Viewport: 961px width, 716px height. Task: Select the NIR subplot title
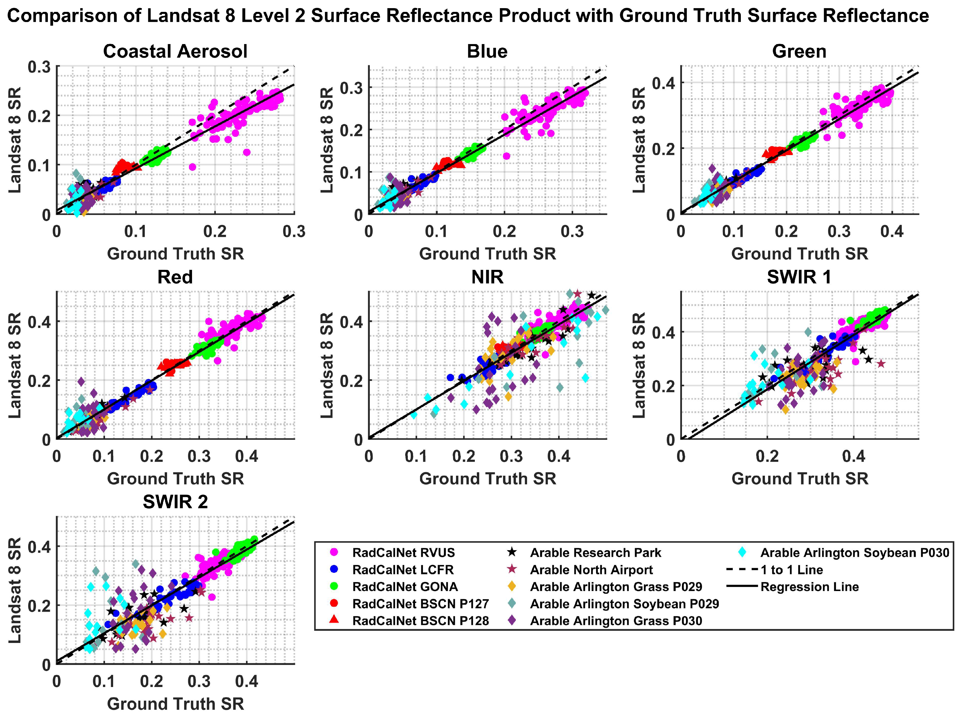487,277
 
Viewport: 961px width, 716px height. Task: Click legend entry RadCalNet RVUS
403,553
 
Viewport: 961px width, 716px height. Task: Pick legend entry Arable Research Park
595,553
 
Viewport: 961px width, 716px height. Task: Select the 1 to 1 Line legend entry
791,570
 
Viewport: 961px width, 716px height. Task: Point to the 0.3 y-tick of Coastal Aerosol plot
39,67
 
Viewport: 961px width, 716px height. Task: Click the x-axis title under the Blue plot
487,254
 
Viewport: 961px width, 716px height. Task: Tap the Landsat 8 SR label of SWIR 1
639,365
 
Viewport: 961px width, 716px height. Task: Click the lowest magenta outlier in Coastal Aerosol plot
193,167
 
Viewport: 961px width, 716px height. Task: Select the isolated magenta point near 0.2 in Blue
506,156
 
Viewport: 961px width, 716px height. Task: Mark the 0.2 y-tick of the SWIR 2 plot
39,606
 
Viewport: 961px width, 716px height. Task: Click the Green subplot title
799,52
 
